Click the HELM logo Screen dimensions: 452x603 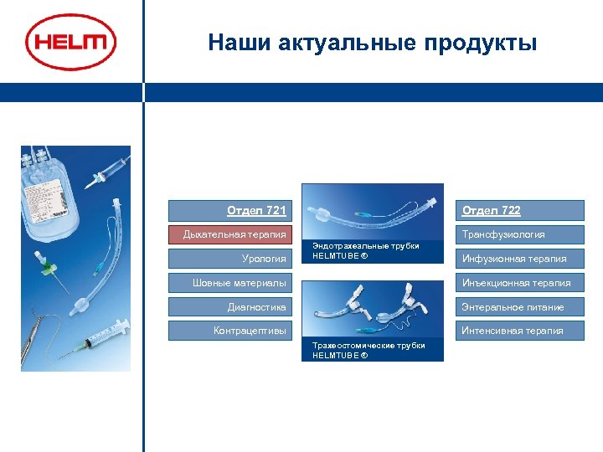pos(70,42)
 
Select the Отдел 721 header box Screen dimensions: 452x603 pos(231,210)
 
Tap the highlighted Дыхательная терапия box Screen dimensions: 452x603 pos(231,234)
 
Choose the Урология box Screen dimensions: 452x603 pos(231,259)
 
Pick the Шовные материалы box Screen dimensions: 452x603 pos(231,283)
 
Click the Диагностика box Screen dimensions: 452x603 pos(231,307)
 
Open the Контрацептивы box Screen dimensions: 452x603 pos(231,331)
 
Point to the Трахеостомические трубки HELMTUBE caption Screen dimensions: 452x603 pos(368,351)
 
